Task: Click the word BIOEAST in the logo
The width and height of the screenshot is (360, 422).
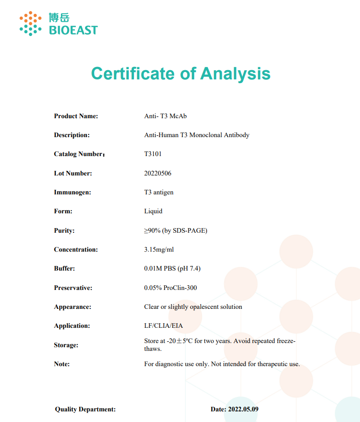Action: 73,30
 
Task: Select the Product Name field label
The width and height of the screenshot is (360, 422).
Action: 76,116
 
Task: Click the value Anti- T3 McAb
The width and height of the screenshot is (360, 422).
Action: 165,116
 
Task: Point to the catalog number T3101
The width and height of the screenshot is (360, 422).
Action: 153,154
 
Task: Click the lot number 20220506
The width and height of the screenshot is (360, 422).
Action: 158,174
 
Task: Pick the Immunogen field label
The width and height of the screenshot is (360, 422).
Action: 73,193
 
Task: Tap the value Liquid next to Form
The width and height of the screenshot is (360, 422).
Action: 153,211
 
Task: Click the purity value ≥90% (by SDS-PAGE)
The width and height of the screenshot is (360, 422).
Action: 176,230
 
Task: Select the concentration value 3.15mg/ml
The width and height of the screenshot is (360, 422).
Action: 159,250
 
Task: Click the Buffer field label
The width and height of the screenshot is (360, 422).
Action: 64,269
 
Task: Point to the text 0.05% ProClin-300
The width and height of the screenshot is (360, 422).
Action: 171,288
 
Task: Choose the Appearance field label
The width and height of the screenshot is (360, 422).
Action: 73,307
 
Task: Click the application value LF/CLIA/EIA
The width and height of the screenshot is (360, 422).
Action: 164,326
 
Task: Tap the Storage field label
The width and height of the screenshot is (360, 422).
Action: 66,345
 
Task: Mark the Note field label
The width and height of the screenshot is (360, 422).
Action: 62,364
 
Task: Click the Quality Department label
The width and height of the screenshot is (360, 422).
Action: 85,410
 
